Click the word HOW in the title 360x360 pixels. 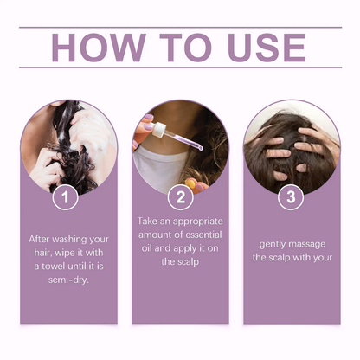99,48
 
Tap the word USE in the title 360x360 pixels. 267,48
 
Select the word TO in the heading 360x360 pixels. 186,48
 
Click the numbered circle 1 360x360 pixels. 65,197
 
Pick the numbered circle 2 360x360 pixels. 181,197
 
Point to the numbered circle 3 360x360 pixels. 291,196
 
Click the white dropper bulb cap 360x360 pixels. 158,129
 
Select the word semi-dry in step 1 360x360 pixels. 68,280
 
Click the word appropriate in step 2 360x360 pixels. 197,222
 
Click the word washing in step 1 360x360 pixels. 69,240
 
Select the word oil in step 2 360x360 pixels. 146,248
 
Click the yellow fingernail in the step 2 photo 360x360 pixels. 190,183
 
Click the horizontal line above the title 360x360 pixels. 181,28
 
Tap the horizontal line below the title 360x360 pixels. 181,67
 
